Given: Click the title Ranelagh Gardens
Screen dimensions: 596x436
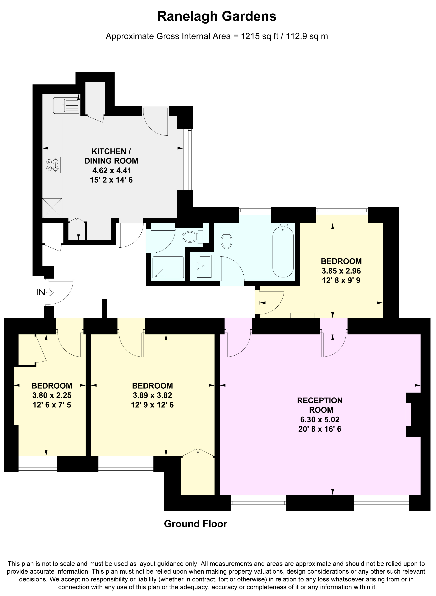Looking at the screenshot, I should click(217, 17).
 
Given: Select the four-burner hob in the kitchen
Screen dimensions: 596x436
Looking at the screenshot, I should click(52, 165).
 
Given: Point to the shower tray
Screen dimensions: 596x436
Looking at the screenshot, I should click(168, 267).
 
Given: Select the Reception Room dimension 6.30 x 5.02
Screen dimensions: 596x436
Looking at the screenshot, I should click(320, 419).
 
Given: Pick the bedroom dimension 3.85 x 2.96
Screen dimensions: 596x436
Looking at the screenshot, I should click(341, 271).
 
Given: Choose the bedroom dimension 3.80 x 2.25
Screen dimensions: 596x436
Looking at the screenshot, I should click(52, 395).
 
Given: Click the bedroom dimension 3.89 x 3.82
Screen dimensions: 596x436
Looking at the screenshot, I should click(152, 395).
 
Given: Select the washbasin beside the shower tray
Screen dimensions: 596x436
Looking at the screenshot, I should click(204, 266).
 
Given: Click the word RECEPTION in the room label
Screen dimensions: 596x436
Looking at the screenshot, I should click(320, 400).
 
